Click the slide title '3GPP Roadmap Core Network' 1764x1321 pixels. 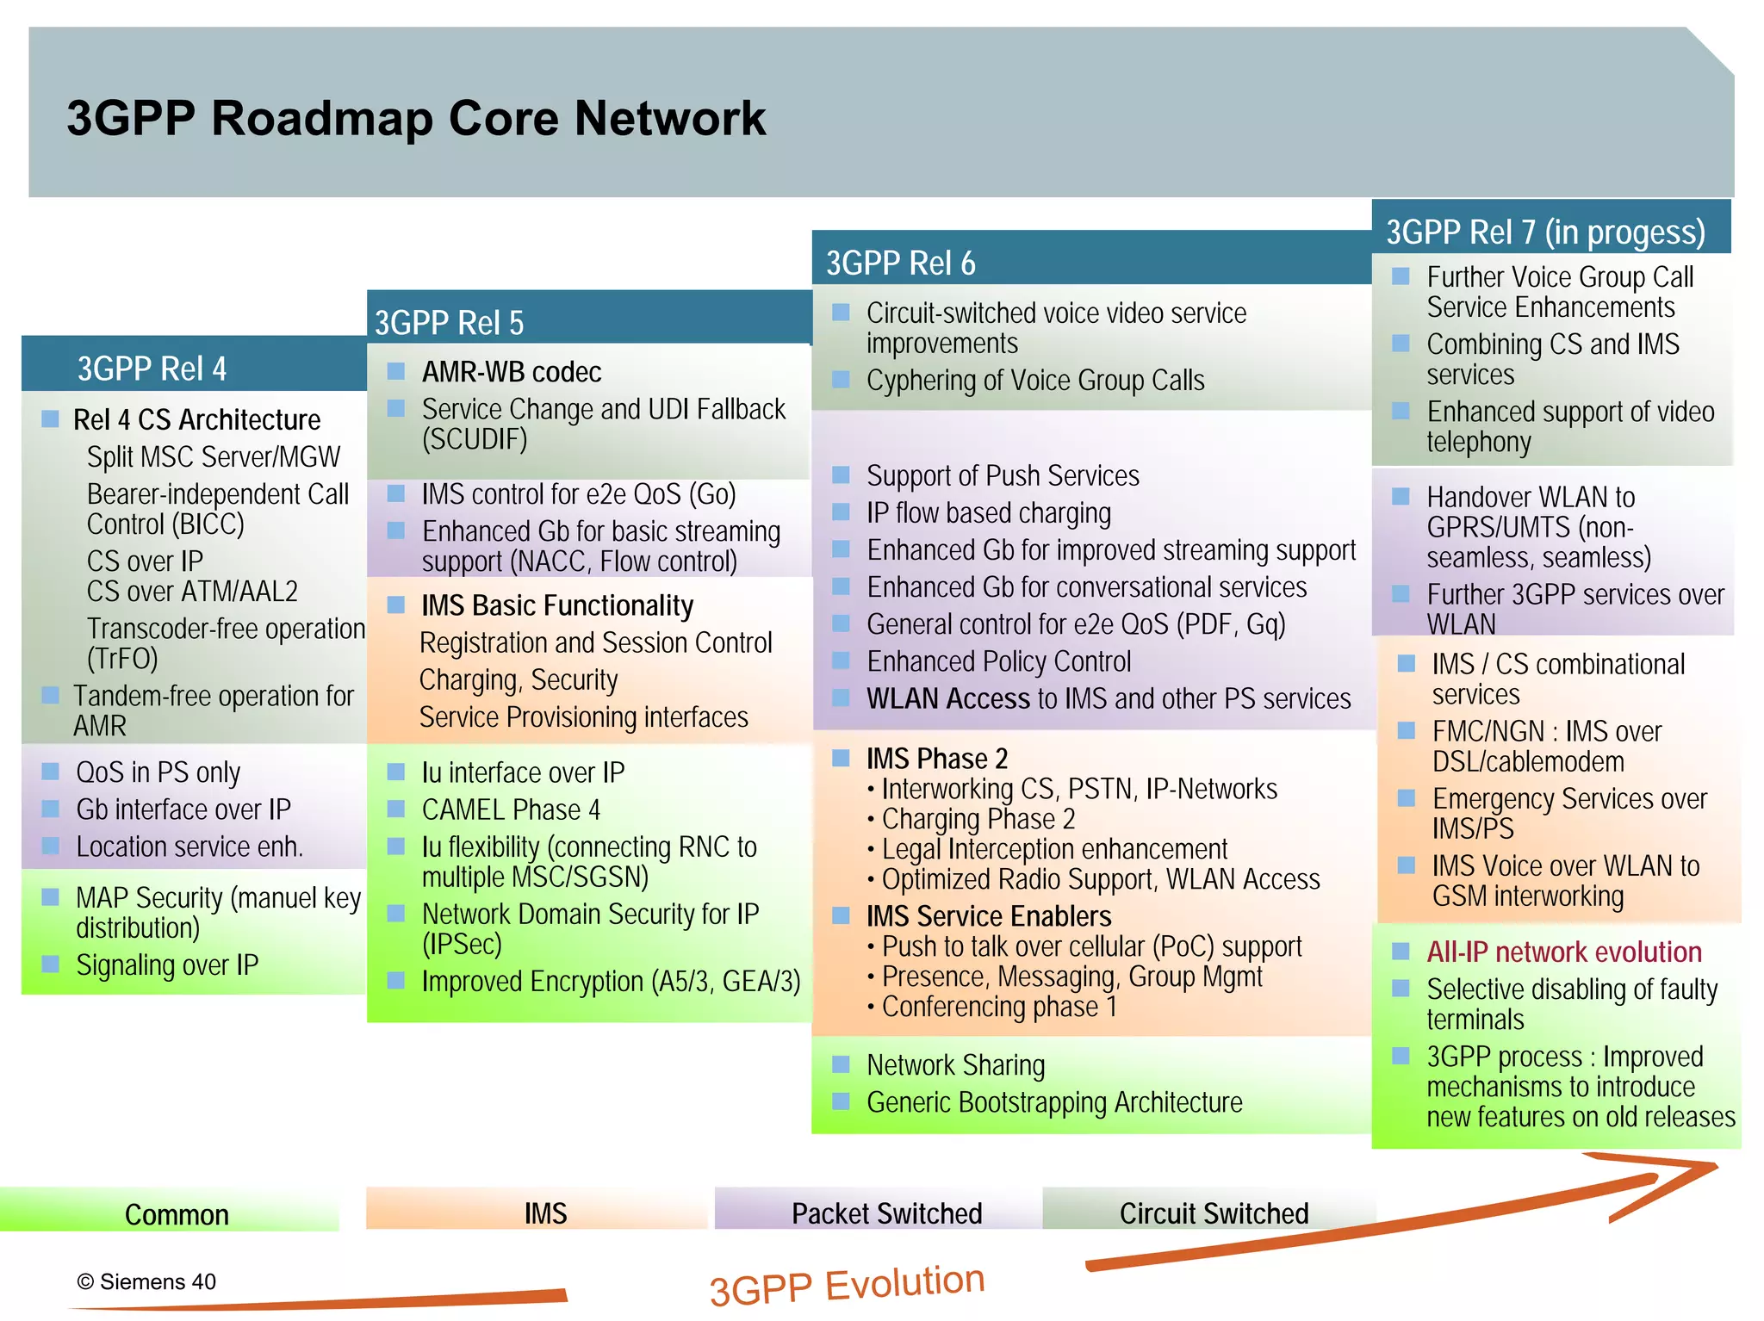click(x=416, y=118)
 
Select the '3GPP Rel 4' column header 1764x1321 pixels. click(x=152, y=369)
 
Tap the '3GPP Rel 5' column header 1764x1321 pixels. click(x=449, y=323)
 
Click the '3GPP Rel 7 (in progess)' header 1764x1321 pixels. click(x=1545, y=232)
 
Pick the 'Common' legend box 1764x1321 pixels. click(x=176, y=1213)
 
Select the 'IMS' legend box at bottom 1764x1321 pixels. click(x=545, y=1212)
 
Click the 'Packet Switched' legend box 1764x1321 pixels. click(x=886, y=1212)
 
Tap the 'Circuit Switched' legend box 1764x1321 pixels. click(x=1213, y=1212)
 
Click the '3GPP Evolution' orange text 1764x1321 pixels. click(x=847, y=1284)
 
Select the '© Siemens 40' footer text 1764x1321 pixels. click(x=146, y=1281)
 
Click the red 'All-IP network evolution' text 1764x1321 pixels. click(x=1563, y=952)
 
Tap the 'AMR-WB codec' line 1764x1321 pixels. click(x=511, y=372)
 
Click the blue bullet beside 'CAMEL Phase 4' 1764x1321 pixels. click(x=396, y=809)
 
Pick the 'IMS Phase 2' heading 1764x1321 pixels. click(x=936, y=758)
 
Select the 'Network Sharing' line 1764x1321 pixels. click(x=955, y=1065)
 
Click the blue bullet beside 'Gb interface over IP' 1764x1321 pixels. click(x=51, y=809)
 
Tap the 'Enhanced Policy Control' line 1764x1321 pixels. click(x=998, y=661)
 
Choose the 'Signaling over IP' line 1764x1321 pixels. click(x=167, y=964)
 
